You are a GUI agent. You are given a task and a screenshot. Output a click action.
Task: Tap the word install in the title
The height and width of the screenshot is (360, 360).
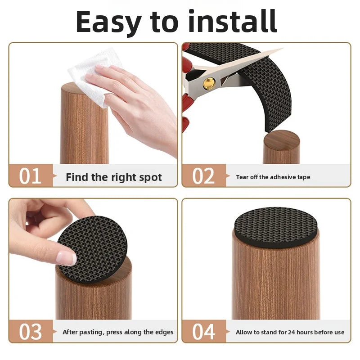[233, 21]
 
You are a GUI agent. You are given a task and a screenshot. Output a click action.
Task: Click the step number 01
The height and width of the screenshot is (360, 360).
[30, 176]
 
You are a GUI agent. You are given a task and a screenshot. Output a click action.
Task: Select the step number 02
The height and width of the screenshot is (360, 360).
[203, 176]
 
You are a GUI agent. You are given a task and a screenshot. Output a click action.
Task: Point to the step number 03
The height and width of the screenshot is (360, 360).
[30, 332]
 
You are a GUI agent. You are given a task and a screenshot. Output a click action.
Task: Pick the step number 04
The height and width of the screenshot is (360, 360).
[204, 332]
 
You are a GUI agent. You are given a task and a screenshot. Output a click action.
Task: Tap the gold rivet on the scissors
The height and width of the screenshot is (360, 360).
[209, 83]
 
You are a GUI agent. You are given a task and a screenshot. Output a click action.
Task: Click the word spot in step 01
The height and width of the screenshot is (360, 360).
[151, 177]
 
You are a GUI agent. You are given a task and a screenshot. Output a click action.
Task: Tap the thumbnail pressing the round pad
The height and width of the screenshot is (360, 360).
[67, 257]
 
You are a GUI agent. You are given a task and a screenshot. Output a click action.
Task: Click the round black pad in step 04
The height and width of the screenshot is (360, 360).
[275, 227]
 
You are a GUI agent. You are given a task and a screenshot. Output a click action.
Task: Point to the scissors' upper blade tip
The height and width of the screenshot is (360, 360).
[283, 48]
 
